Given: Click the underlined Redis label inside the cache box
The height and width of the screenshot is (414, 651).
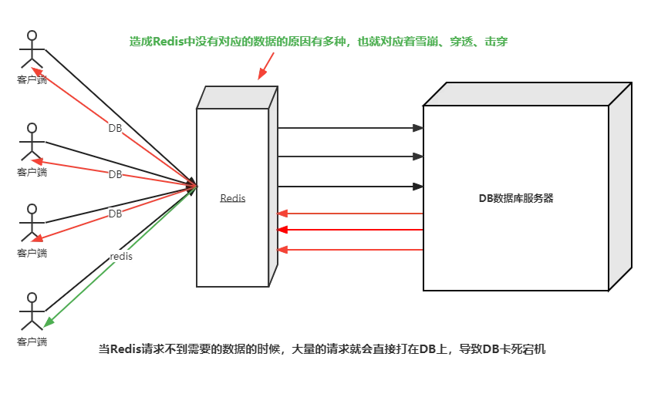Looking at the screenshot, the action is (x=232, y=198).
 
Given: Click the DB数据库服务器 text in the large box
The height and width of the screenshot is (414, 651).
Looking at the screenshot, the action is (x=516, y=198).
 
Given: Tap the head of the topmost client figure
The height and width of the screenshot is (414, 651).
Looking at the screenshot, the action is (x=32, y=35).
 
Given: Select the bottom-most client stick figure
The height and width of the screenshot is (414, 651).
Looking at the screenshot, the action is (x=32, y=311).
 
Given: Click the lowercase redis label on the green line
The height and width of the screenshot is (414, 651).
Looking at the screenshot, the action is (x=121, y=257).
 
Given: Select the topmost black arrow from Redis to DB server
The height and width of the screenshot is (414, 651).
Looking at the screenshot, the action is (x=350, y=128).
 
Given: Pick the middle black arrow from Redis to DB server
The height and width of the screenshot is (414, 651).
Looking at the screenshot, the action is (x=350, y=157).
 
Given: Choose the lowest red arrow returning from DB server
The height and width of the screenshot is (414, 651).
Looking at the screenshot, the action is (x=350, y=250).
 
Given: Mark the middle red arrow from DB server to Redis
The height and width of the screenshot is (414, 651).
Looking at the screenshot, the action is (x=350, y=230).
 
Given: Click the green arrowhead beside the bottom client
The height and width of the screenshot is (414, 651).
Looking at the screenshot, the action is (x=49, y=322).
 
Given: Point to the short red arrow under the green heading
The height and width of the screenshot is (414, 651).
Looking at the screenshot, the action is (x=265, y=66).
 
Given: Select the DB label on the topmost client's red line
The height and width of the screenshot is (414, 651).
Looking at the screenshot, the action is (x=115, y=128).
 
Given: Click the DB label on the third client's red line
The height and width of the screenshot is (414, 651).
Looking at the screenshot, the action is (x=115, y=214).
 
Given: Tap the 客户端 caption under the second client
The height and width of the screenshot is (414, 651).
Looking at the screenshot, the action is (x=32, y=172).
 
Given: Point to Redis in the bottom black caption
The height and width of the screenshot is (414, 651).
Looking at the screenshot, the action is (x=126, y=349).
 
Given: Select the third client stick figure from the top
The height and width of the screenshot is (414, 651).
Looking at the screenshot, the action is (x=32, y=223).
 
